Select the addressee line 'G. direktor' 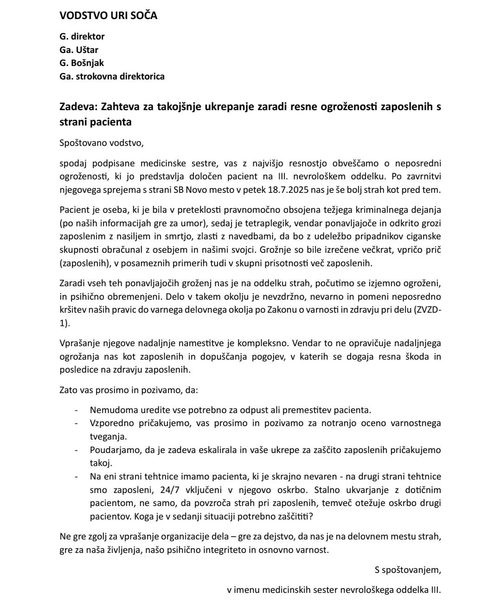[x=82, y=36]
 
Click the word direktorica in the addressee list [x=142, y=76]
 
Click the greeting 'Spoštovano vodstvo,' [x=102, y=143]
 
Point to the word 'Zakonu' [x=279, y=310]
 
